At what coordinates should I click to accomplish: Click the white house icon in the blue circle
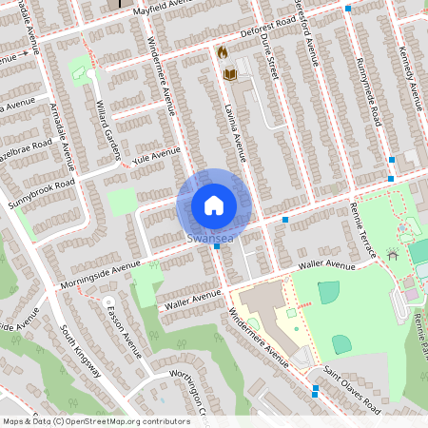click(x=214, y=204)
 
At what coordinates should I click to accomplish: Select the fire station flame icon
click(x=222, y=52)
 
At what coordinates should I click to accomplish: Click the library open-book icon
click(x=229, y=73)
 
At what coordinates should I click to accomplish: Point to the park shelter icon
click(x=392, y=254)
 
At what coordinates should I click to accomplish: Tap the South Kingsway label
click(x=80, y=349)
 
